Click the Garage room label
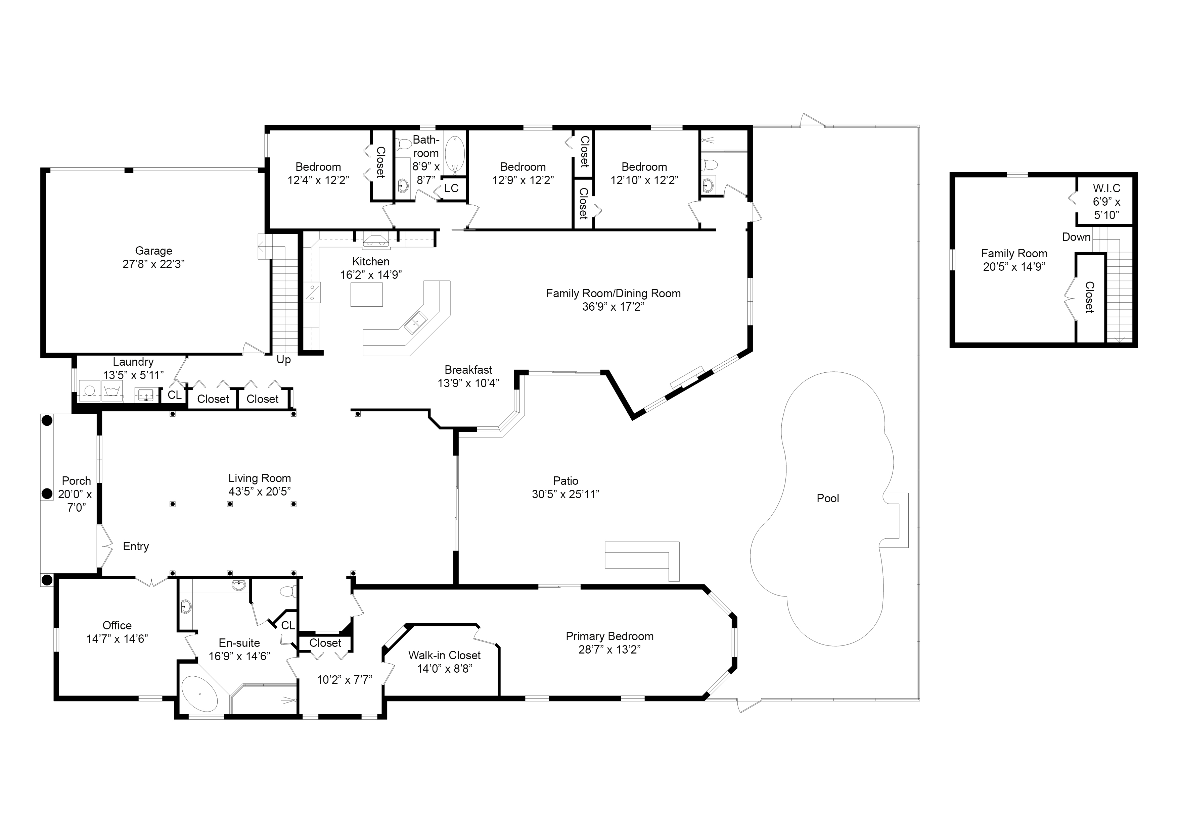pos(153,251)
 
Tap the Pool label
pos(827,498)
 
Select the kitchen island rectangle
pos(366,294)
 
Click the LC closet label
pos(451,189)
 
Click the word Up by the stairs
pos(284,360)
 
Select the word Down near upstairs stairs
pos(1076,237)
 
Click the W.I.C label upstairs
pos(1106,189)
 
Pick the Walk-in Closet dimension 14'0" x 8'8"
pos(444,669)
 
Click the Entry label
pos(136,547)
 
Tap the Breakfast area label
pos(468,370)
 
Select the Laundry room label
pos(133,362)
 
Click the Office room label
pos(117,625)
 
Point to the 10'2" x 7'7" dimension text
pos(344,680)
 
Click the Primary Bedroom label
pos(609,636)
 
